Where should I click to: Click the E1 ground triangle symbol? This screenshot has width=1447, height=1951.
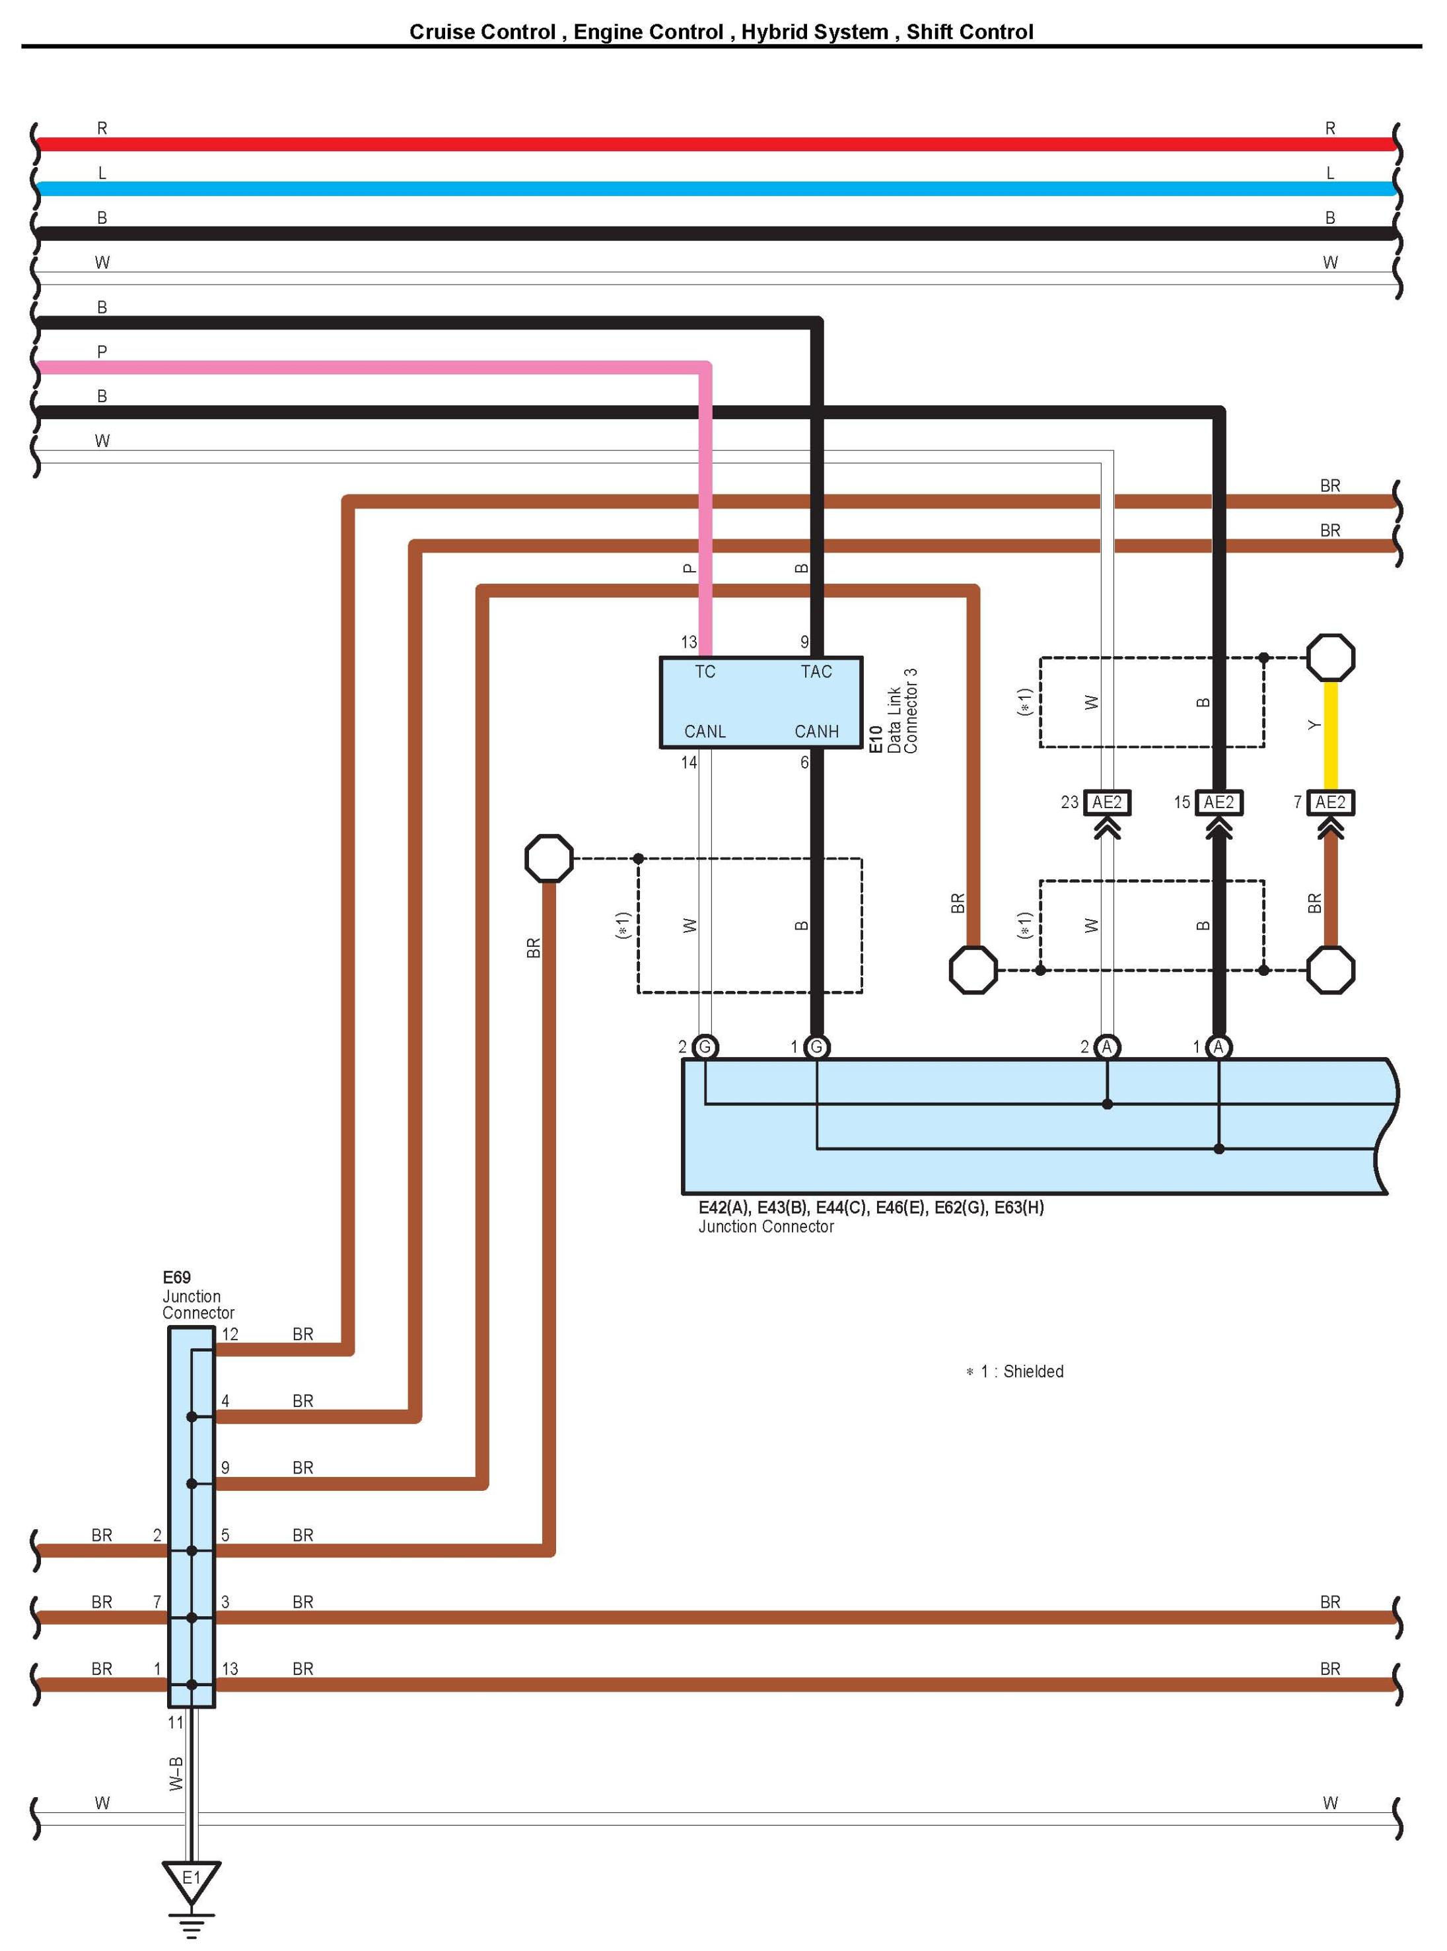tap(191, 1878)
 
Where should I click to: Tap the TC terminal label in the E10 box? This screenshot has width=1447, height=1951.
tap(705, 671)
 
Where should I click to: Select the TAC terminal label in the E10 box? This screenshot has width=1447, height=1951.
tap(816, 671)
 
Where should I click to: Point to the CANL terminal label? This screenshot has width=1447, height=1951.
tap(705, 731)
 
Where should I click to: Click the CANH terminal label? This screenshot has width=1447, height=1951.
tap(816, 731)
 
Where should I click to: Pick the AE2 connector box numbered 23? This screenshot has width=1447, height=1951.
tap(1107, 802)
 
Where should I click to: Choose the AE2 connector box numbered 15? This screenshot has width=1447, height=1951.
tap(1218, 802)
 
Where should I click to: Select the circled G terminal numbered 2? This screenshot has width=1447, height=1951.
tap(705, 1046)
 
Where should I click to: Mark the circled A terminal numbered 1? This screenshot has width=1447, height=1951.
tap(1218, 1046)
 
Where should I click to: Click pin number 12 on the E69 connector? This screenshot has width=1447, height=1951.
tap(229, 1334)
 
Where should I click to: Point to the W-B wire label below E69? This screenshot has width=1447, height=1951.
tap(176, 1773)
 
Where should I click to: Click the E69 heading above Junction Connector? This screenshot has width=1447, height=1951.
tap(176, 1278)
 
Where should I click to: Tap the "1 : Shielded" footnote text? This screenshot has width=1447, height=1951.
tap(1021, 1371)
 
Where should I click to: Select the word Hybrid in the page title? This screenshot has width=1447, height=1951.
tap(771, 32)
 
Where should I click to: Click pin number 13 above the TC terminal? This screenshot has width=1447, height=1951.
tap(689, 642)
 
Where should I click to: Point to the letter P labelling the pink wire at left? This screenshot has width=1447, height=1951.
tap(102, 352)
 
